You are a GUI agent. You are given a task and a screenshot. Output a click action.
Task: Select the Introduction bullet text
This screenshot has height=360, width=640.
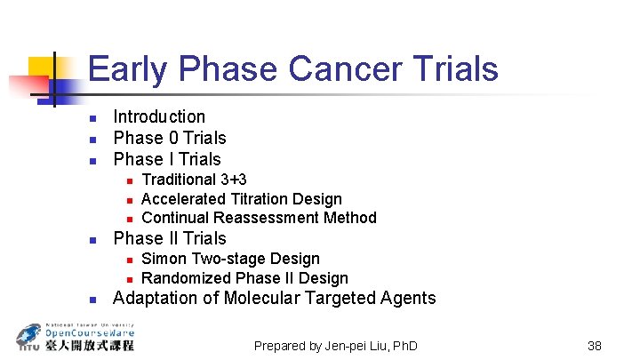[x=159, y=116]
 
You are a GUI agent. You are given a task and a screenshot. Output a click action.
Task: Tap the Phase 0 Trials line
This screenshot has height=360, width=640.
[x=170, y=138]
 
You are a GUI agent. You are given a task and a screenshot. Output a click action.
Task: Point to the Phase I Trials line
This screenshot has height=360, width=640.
[x=167, y=159]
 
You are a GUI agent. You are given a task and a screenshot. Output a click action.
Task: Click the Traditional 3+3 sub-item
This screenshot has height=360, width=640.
[x=194, y=180]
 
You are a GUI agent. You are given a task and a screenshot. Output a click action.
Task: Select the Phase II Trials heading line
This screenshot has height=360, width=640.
[x=170, y=238]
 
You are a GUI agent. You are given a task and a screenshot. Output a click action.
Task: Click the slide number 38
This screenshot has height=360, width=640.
[x=595, y=345]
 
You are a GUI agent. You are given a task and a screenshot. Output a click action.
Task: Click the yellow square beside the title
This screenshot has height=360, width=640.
[x=44, y=72]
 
